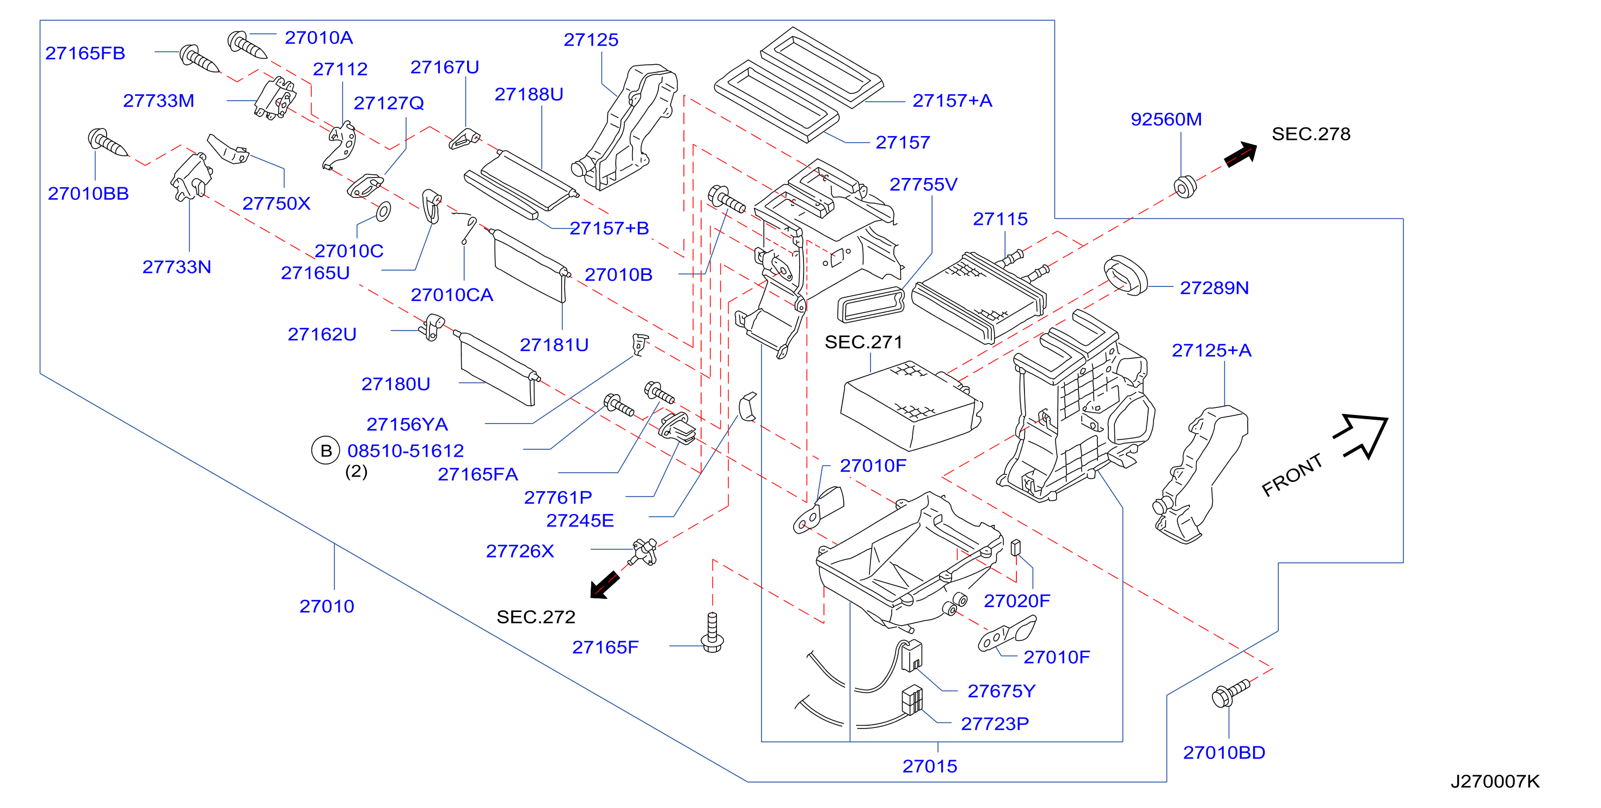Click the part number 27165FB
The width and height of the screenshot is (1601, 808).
[85, 53]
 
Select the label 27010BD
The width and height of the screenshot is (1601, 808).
[1224, 752]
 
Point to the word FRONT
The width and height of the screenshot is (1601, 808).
[1292, 475]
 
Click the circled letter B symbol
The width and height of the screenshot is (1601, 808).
[326, 451]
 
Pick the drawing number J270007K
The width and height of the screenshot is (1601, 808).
[1495, 781]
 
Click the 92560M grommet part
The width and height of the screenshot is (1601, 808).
[1185, 186]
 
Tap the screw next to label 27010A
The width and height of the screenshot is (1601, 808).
[247, 44]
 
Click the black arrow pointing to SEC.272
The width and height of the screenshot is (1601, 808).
[605, 584]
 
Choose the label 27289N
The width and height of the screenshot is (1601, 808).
[1214, 288]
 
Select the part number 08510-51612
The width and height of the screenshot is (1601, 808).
[405, 451]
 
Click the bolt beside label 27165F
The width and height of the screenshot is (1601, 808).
[712, 632]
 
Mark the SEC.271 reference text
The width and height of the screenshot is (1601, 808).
[863, 342]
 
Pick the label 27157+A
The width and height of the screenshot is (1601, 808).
[952, 101]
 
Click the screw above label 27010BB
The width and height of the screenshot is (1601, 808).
[107, 142]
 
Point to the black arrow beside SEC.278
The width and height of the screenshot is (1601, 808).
[1240, 154]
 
